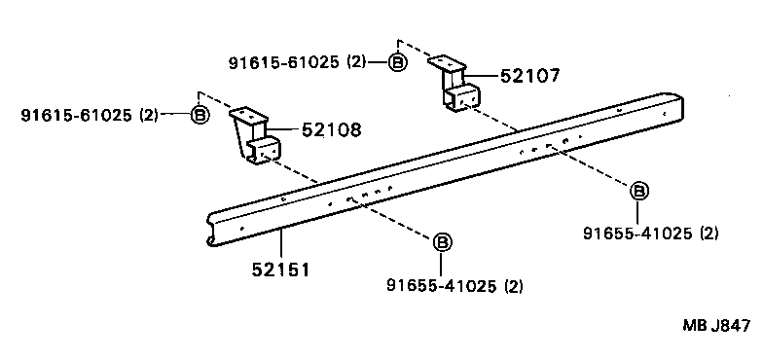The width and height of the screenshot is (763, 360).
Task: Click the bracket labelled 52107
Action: coord(455,87)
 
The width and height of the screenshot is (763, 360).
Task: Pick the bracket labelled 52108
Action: coord(256,139)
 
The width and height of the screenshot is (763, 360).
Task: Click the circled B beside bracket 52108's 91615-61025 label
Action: coord(200,116)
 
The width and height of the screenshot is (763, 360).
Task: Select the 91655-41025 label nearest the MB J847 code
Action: coord(650,234)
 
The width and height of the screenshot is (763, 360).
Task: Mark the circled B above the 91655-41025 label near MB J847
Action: coord(638,191)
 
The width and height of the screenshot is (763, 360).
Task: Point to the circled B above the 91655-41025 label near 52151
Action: coord(441,241)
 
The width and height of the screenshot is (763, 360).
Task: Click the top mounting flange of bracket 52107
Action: coord(445,63)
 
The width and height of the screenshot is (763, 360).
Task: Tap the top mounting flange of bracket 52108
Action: coord(246,116)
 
